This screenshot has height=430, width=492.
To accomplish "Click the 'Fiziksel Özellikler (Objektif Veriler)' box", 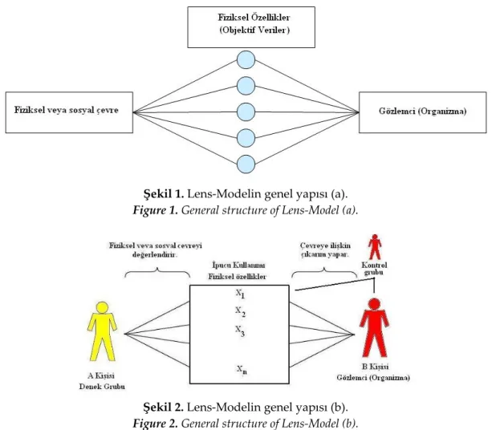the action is (251, 27).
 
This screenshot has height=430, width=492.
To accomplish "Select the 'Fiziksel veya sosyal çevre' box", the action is (69, 112).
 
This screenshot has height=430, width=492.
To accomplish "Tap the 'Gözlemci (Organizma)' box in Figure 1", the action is (423, 112).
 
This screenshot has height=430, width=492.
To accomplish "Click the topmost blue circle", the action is (246, 60).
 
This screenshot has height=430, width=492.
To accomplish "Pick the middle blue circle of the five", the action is (246, 112).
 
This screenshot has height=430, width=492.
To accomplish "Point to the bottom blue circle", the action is (246, 164).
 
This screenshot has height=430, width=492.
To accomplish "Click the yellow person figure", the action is (102, 331).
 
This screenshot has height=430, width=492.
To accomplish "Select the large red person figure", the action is (374, 327).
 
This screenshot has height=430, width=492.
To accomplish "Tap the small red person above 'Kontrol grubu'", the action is (375, 247).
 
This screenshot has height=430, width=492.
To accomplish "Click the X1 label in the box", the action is (240, 294).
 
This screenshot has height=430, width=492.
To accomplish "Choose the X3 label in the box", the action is (240, 331).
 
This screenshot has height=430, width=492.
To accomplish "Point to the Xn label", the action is (242, 370).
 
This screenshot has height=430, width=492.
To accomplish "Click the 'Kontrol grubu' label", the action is (374, 269).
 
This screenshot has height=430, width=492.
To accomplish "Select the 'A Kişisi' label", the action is (101, 375).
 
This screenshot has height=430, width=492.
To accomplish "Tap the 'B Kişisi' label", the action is (376, 367).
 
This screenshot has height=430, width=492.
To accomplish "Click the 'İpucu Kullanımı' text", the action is (238, 266).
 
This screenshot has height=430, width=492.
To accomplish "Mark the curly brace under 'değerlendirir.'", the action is (157, 272).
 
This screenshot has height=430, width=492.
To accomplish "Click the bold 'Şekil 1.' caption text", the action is (164, 194).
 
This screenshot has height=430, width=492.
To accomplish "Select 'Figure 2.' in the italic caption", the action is (156, 424).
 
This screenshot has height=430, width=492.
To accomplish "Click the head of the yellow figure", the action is (102, 307).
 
